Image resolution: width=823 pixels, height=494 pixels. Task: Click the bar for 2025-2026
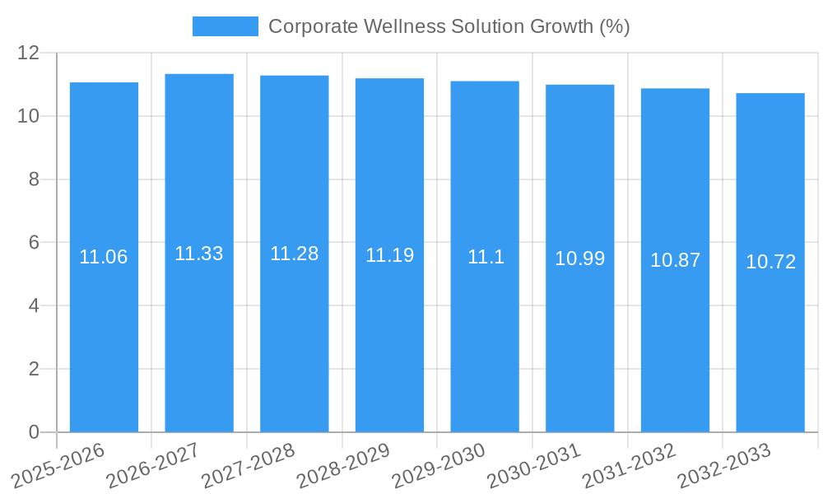pos(104,329)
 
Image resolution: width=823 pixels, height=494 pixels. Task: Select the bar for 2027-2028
pos(295,329)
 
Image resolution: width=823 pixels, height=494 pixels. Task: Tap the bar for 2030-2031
pos(580,329)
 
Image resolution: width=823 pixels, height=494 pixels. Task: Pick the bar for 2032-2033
pos(770,329)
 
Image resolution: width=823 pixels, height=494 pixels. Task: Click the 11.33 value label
pos(199,254)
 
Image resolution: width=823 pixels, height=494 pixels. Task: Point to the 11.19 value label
pos(389,255)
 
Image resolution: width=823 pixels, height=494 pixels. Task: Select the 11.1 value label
pos(485,257)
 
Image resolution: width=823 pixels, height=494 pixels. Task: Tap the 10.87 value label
pos(675,260)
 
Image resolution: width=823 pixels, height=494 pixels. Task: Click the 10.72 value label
pos(770,262)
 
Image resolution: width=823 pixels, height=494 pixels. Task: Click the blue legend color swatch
pos(225,26)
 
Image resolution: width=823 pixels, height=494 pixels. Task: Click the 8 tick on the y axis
pos(34,179)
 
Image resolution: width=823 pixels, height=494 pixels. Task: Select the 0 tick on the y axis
pos(34,432)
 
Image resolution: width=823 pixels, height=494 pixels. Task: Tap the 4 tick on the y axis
pos(34,305)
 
